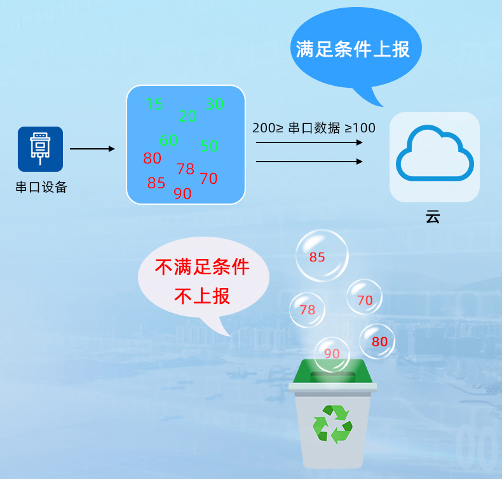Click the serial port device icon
tap(40, 149)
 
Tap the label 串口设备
tap(41, 187)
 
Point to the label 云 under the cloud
tap(433, 216)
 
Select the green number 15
tap(154, 104)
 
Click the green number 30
tap(215, 104)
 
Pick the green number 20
tap(187, 116)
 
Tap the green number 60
tap(168, 140)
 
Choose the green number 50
tap(209, 146)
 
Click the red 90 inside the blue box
tap(182, 194)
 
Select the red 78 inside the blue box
tap(186, 169)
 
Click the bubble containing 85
tap(322, 256)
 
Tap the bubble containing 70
tap(364, 297)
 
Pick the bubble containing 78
tap(307, 310)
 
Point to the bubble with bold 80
tap(378, 341)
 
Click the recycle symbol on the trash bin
tap(332, 424)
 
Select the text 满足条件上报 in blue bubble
tap(353, 50)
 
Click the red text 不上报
tap(202, 296)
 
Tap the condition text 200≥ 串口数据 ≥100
tap(314, 128)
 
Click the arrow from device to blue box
tap(92, 149)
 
